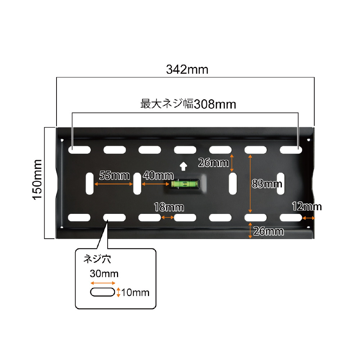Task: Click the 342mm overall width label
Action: [x=187, y=69]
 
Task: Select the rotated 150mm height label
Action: [x=37, y=180]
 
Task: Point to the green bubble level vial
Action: [x=184, y=184]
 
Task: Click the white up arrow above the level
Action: [x=183, y=166]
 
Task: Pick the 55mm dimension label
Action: [x=114, y=176]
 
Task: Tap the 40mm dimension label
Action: [x=158, y=176]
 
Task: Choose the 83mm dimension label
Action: [x=267, y=184]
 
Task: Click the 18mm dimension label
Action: [x=169, y=207]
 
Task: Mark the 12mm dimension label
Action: [x=307, y=207]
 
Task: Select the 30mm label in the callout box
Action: [x=104, y=274]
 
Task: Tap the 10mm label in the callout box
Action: [x=135, y=292]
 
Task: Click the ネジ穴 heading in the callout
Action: [x=97, y=259]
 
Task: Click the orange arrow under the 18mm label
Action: [x=167, y=217]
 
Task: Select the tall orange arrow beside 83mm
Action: [x=250, y=184]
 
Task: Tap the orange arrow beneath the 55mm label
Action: [x=114, y=184]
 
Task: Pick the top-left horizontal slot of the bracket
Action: [x=80, y=150]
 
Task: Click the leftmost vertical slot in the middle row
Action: [x=90, y=184]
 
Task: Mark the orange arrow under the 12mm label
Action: [x=309, y=218]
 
